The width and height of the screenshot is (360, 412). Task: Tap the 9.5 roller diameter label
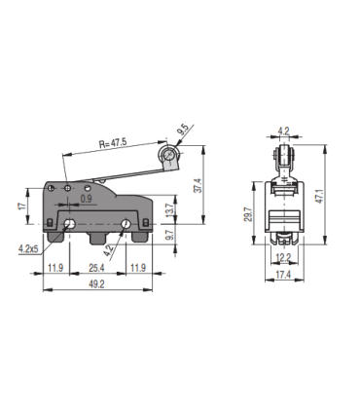tap(183, 129)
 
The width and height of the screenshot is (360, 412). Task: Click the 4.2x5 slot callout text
tap(29, 249)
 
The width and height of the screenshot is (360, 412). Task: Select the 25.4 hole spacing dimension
tap(95, 267)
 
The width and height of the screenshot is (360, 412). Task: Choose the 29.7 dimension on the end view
tap(248, 214)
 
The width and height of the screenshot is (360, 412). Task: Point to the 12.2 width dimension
tap(282, 257)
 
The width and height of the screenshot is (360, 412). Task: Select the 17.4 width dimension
tap(282, 277)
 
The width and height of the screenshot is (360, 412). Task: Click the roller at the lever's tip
tap(170, 155)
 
